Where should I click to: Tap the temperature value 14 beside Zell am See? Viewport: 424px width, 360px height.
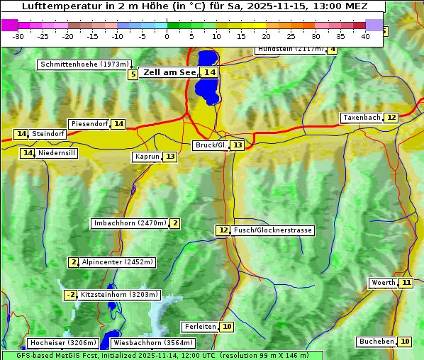tap(209, 72)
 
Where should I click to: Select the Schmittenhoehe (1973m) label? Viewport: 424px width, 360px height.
tap(84, 64)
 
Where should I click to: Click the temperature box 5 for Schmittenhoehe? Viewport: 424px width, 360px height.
tap(133, 74)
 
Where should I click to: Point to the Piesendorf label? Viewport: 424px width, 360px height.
tap(89, 124)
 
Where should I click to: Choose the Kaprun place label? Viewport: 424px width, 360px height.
tap(147, 157)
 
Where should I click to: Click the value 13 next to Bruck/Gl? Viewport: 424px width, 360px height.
tap(237, 145)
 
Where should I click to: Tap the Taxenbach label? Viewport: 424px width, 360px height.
tap(362, 118)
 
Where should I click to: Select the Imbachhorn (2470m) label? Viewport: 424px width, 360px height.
tap(130, 224)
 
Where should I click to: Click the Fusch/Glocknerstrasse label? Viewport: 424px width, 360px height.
tap(273, 230)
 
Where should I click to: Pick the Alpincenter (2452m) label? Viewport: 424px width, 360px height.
tap(117, 262)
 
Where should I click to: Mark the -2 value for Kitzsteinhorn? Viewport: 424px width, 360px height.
tap(70, 295)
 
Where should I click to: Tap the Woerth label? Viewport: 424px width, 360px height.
tap(383, 283)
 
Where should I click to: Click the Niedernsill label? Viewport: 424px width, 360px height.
tap(57, 153)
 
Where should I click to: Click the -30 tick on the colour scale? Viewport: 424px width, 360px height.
tap(18, 36)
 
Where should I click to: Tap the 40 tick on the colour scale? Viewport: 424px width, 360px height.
tap(365, 36)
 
